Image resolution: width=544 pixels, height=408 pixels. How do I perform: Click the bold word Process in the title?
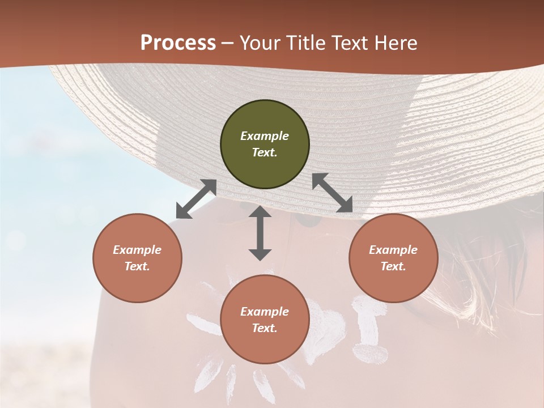tap(178, 43)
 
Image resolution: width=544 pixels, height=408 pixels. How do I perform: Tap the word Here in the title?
tap(396, 43)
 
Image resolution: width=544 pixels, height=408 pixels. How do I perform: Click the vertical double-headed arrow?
tap(260, 233)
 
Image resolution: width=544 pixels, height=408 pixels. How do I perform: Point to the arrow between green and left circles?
tap(196, 199)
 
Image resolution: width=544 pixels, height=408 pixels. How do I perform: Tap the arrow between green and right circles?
tap(333, 193)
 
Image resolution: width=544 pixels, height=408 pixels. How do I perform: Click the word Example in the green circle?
tap(265, 136)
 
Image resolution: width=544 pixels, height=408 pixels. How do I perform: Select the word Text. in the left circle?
tap(137, 266)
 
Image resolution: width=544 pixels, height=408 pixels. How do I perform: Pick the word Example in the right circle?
tap(393, 250)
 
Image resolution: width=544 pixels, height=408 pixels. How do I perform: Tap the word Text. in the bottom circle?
tap(265, 328)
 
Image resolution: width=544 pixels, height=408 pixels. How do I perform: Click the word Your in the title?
tap(259, 43)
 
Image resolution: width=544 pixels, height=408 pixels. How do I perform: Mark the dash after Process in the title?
tap(227, 43)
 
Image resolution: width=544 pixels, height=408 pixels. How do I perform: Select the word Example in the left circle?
tap(137, 250)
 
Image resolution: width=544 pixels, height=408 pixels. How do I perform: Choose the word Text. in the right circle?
tap(393, 266)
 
